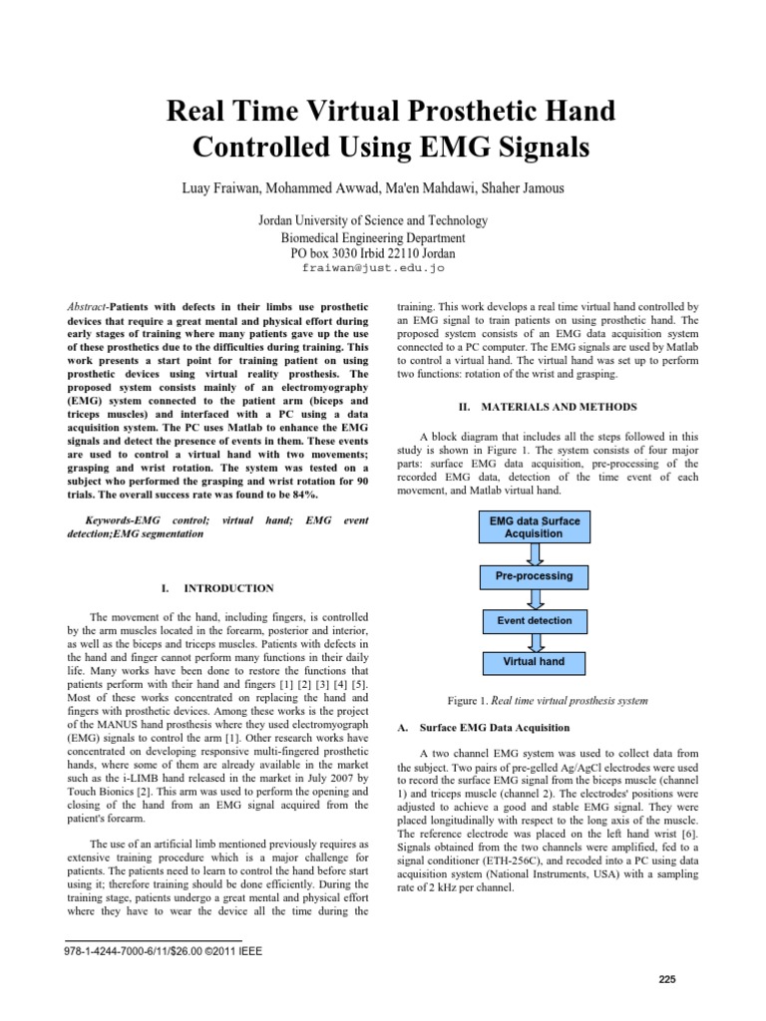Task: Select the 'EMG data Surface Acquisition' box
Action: click(x=534, y=526)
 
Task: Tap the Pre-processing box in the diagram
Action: click(x=534, y=576)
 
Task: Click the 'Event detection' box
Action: click(x=534, y=620)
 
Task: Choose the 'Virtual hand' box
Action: click(x=534, y=661)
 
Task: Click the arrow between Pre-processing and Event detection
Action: click(x=534, y=598)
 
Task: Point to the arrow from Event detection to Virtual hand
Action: click(x=534, y=641)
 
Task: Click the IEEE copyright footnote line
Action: click(x=163, y=951)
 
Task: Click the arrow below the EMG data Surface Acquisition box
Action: click(x=534, y=553)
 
